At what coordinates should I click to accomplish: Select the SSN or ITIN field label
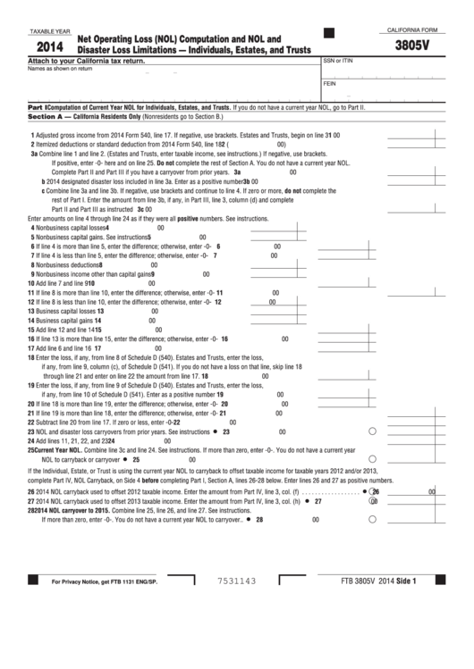coord(339,61)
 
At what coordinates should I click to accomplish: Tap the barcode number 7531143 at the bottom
coord(237,631)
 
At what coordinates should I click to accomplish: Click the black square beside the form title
coord(329,34)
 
